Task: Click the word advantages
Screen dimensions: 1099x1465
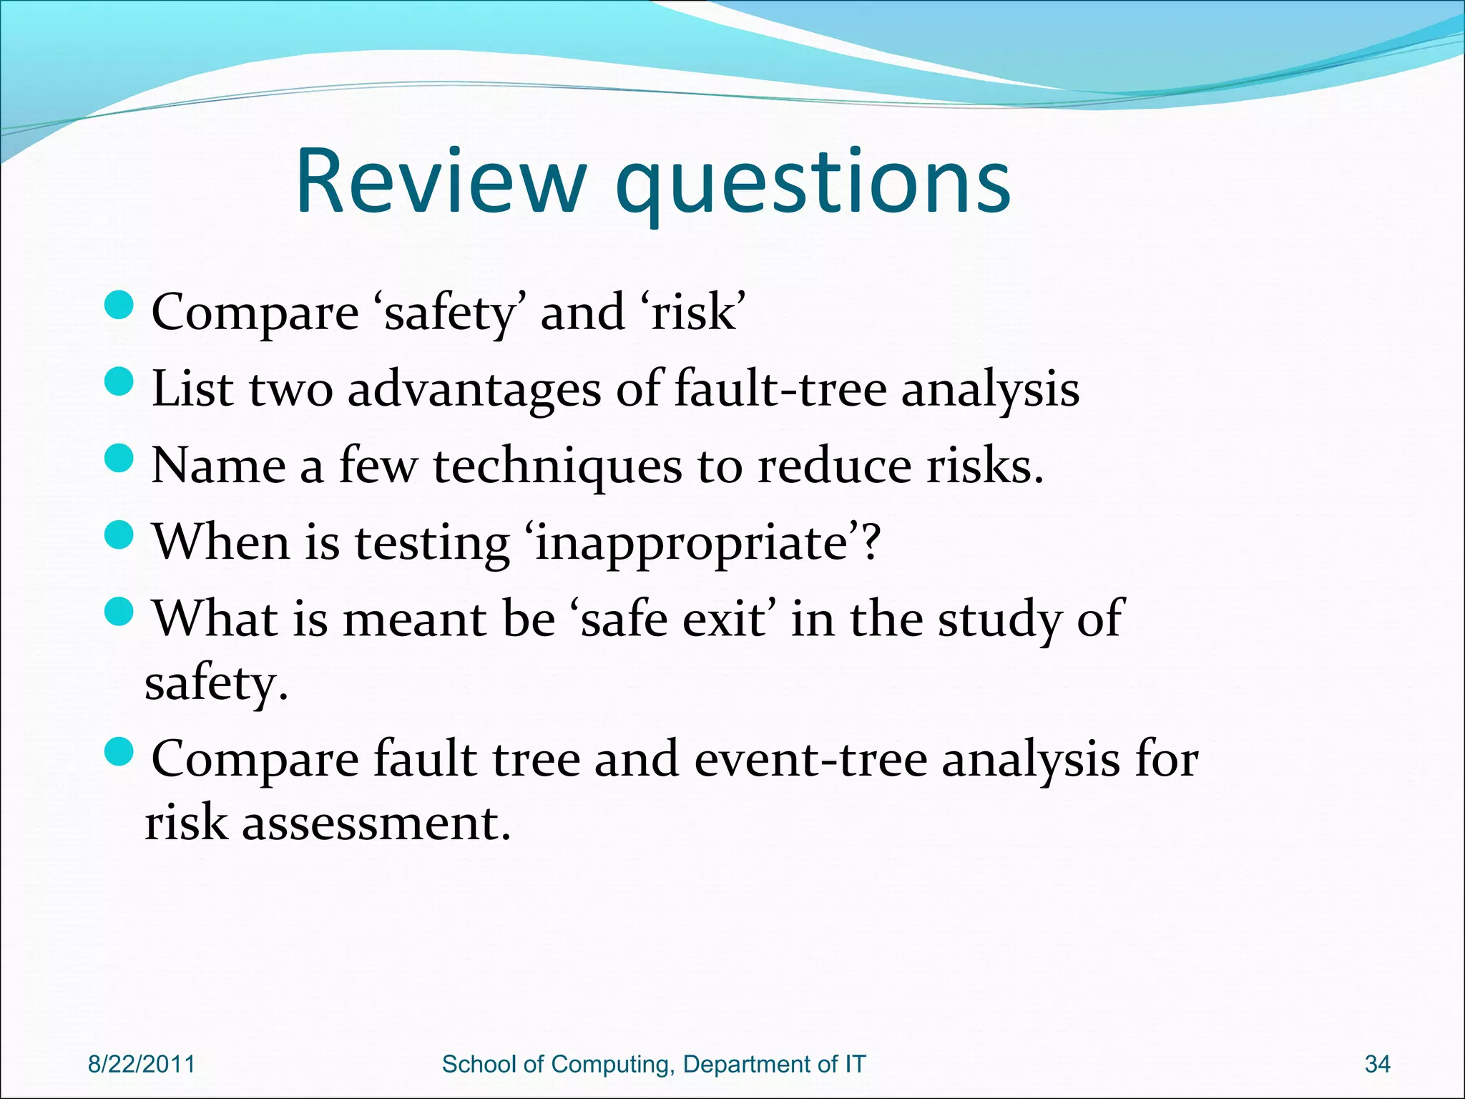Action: click(x=474, y=391)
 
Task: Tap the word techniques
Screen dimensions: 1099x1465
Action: click(x=557, y=467)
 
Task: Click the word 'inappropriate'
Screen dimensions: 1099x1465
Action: click(x=693, y=544)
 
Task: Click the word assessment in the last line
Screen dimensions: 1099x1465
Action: click(x=376, y=824)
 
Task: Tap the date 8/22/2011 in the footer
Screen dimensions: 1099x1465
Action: click(x=141, y=1064)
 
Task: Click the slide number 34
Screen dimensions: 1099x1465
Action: click(x=1377, y=1064)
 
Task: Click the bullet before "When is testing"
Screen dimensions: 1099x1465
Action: click(x=119, y=534)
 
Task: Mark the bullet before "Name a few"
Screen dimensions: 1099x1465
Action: click(x=119, y=459)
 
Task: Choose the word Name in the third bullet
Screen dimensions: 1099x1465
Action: click(x=219, y=467)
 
